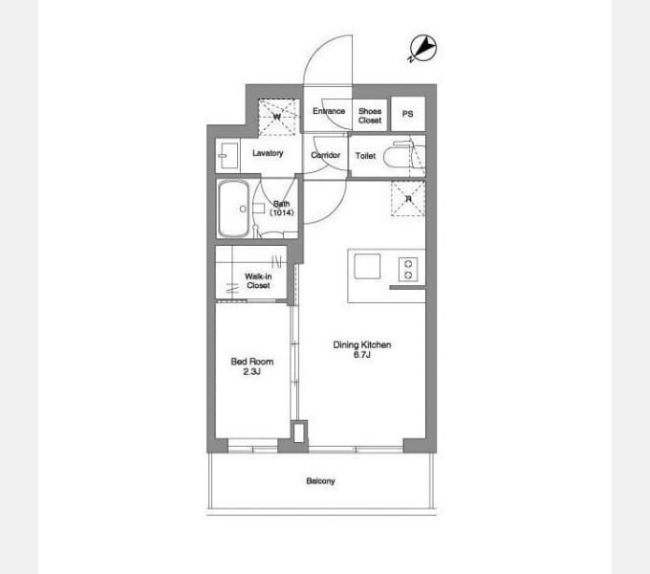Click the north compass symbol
coord(422,48)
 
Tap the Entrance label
coord(329,111)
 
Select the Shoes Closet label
coord(370,116)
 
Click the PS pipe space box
coord(408,114)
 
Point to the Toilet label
coord(365,156)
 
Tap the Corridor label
coord(325,155)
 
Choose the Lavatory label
coord(268,153)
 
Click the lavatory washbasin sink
coord(228,156)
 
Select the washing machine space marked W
coord(278,117)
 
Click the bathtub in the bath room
coord(234,209)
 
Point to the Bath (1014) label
coord(282,209)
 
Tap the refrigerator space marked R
coord(408,199)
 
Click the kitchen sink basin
coord(367,266)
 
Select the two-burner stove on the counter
coord(408,269)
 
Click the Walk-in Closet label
coord(258,280)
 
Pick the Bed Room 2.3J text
coord(252,366)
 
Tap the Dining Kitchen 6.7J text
coord(362,349)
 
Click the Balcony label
coord(320,481)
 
